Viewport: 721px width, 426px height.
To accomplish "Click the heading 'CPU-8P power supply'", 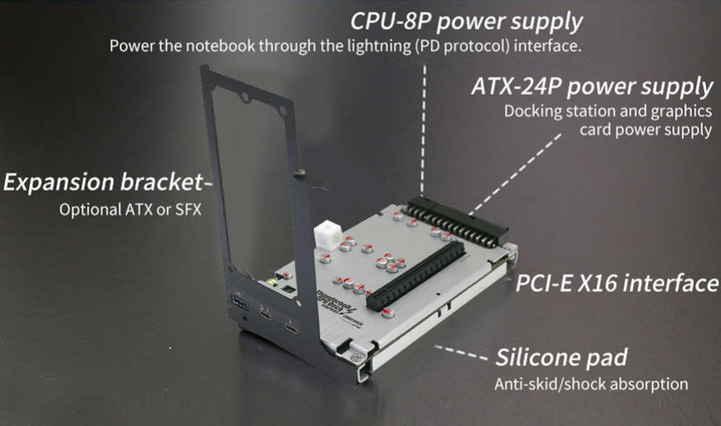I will click(466, 21).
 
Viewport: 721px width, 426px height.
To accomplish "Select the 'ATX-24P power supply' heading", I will click(591, 87).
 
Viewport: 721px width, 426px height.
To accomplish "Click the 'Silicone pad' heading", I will click(560, 357).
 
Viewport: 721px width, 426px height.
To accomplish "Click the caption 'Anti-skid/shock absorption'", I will click(591, 383).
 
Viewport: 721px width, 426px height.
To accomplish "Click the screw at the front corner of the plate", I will click(354, 356).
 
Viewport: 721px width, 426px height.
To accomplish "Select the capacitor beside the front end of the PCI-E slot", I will click(388, 313).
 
